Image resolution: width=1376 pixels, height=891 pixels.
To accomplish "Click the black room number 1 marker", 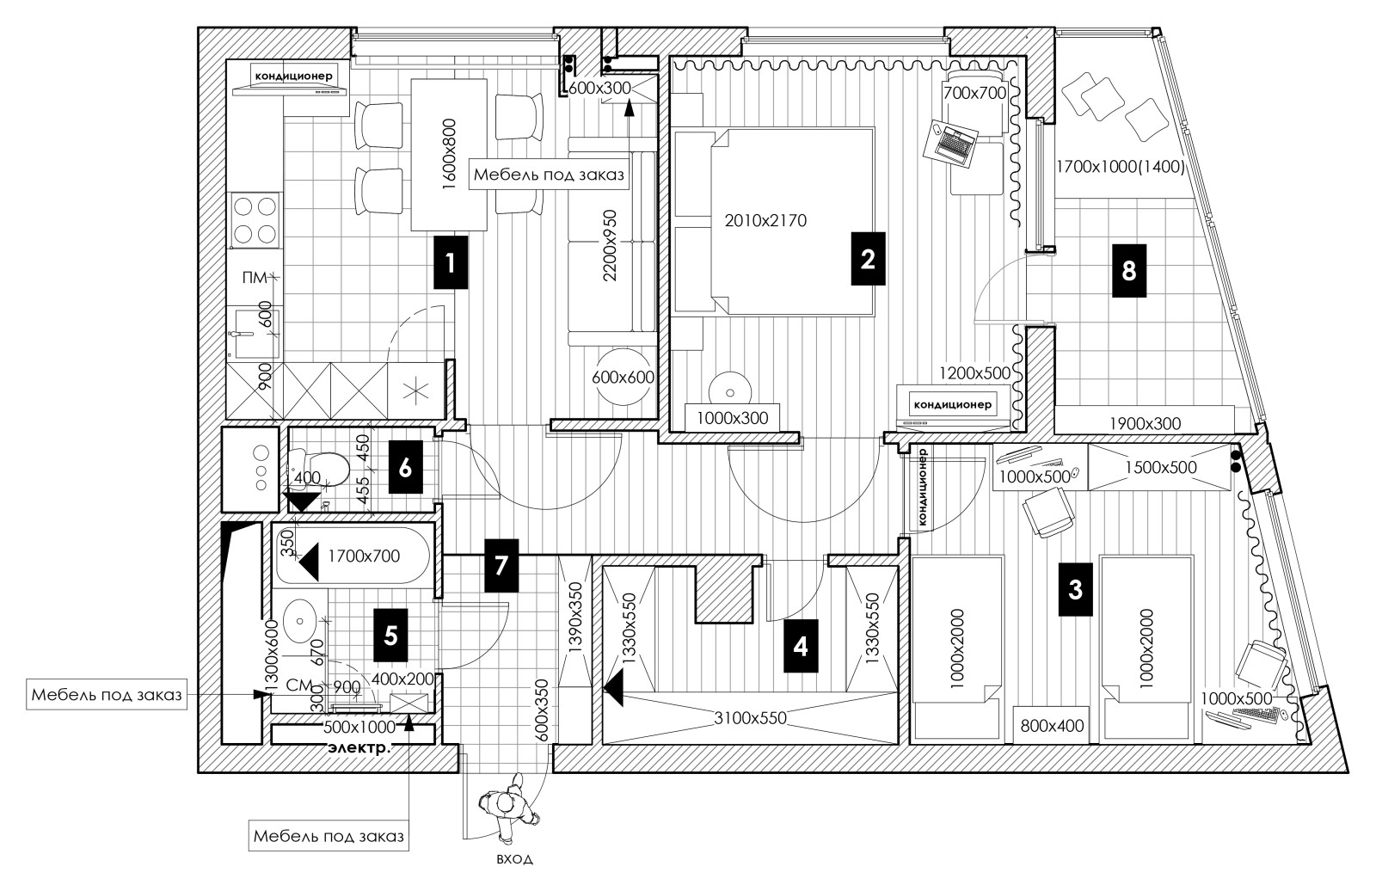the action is (451, 262).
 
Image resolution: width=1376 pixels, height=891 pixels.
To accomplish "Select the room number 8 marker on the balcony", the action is (1129, 271).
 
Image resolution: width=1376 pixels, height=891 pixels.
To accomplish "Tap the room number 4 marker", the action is (801, 646).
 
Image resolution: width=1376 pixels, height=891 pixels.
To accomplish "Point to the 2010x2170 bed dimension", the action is (765, 220).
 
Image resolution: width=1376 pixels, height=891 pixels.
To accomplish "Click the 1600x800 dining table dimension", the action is (450, 154).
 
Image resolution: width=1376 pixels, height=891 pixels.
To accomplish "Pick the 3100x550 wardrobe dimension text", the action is (750, 718).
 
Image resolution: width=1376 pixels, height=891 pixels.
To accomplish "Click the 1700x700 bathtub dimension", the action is (364, 556).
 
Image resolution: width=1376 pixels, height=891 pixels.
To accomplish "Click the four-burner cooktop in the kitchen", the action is (255, 220).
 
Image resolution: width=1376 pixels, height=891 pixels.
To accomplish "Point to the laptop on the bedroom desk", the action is (951, 143).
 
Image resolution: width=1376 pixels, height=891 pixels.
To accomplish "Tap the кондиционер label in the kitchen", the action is (293, 76).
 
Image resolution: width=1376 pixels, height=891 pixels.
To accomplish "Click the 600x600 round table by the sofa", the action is (623, 377).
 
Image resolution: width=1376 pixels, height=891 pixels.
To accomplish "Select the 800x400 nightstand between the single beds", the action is (1053, 726).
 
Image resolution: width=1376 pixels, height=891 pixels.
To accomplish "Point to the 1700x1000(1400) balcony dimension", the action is (1120, 167).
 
